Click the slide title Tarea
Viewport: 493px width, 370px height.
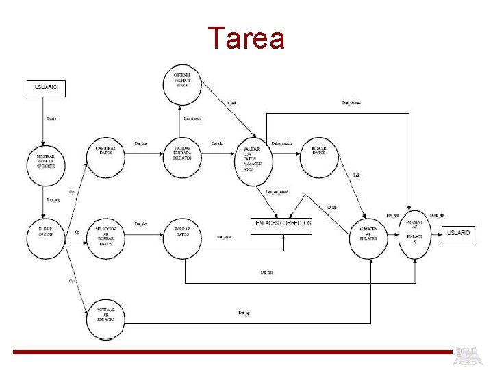[x=246, y=38]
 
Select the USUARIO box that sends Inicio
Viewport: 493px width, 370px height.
[x=46, y=88]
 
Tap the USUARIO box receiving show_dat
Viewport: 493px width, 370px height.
[x=459, y=234]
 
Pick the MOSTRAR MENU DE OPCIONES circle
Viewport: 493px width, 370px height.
[x=46, y=162]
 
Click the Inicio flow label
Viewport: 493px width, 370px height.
[x=51, y=119]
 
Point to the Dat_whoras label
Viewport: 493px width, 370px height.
[x=351, y=103]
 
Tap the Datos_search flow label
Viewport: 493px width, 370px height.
[x=281, y=143]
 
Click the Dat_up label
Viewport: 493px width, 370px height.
[x=244, y=312]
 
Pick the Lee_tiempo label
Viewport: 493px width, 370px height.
[x=192, y=119]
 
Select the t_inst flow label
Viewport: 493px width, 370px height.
[x=231, y=103]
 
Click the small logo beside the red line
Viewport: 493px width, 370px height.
[x=471, y=356]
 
